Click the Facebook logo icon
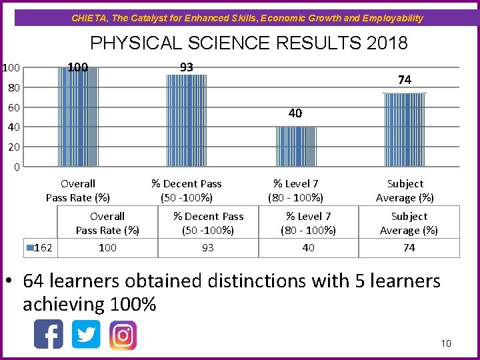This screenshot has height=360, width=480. pos(49,335)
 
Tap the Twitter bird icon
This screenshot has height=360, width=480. pos(86,335)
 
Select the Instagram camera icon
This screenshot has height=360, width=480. pos(123,335)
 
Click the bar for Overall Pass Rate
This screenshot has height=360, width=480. pos(78,117)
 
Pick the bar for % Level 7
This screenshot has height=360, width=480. pos(296,146)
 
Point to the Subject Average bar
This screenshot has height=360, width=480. pos(405,129)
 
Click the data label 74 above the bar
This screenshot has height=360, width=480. pos(405,80)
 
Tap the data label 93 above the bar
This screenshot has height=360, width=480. pos(187,67)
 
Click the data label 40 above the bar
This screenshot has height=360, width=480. pos(295,113)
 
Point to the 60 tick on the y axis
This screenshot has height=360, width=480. pos(13,107)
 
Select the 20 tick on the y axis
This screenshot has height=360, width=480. pos(13,147)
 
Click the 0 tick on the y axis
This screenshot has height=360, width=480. pos(17,167)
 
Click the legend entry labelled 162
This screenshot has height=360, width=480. pos(40,247)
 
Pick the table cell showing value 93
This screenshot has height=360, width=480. pos(208,247)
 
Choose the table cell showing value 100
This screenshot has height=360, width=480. pos(107,247)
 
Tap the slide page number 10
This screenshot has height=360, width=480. pos(446,343)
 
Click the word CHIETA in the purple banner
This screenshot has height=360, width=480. pos(87,18)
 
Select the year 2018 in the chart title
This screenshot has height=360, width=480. pos(387,44)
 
